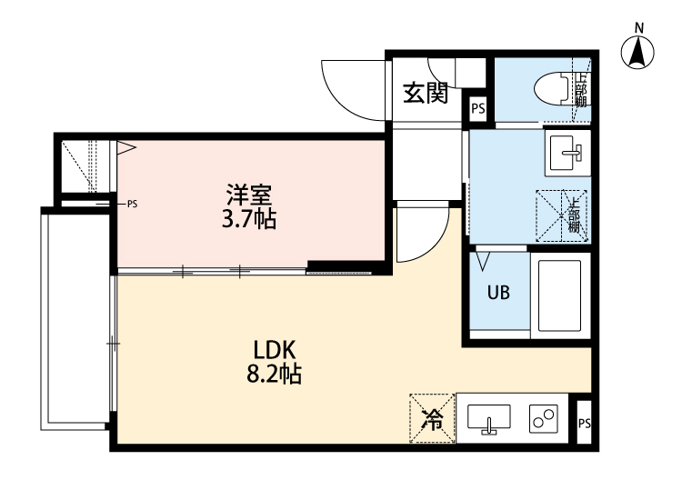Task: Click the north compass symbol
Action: [x=638, y=54]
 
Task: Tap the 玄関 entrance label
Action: [x=426, y=93]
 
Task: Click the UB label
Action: [x=497, y=294]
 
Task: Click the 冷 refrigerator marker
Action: [x=433, y=420]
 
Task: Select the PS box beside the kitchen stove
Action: [x=585, y=423]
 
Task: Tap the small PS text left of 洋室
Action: [x=133, y=204]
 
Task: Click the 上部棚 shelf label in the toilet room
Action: [x=581, y=88]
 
